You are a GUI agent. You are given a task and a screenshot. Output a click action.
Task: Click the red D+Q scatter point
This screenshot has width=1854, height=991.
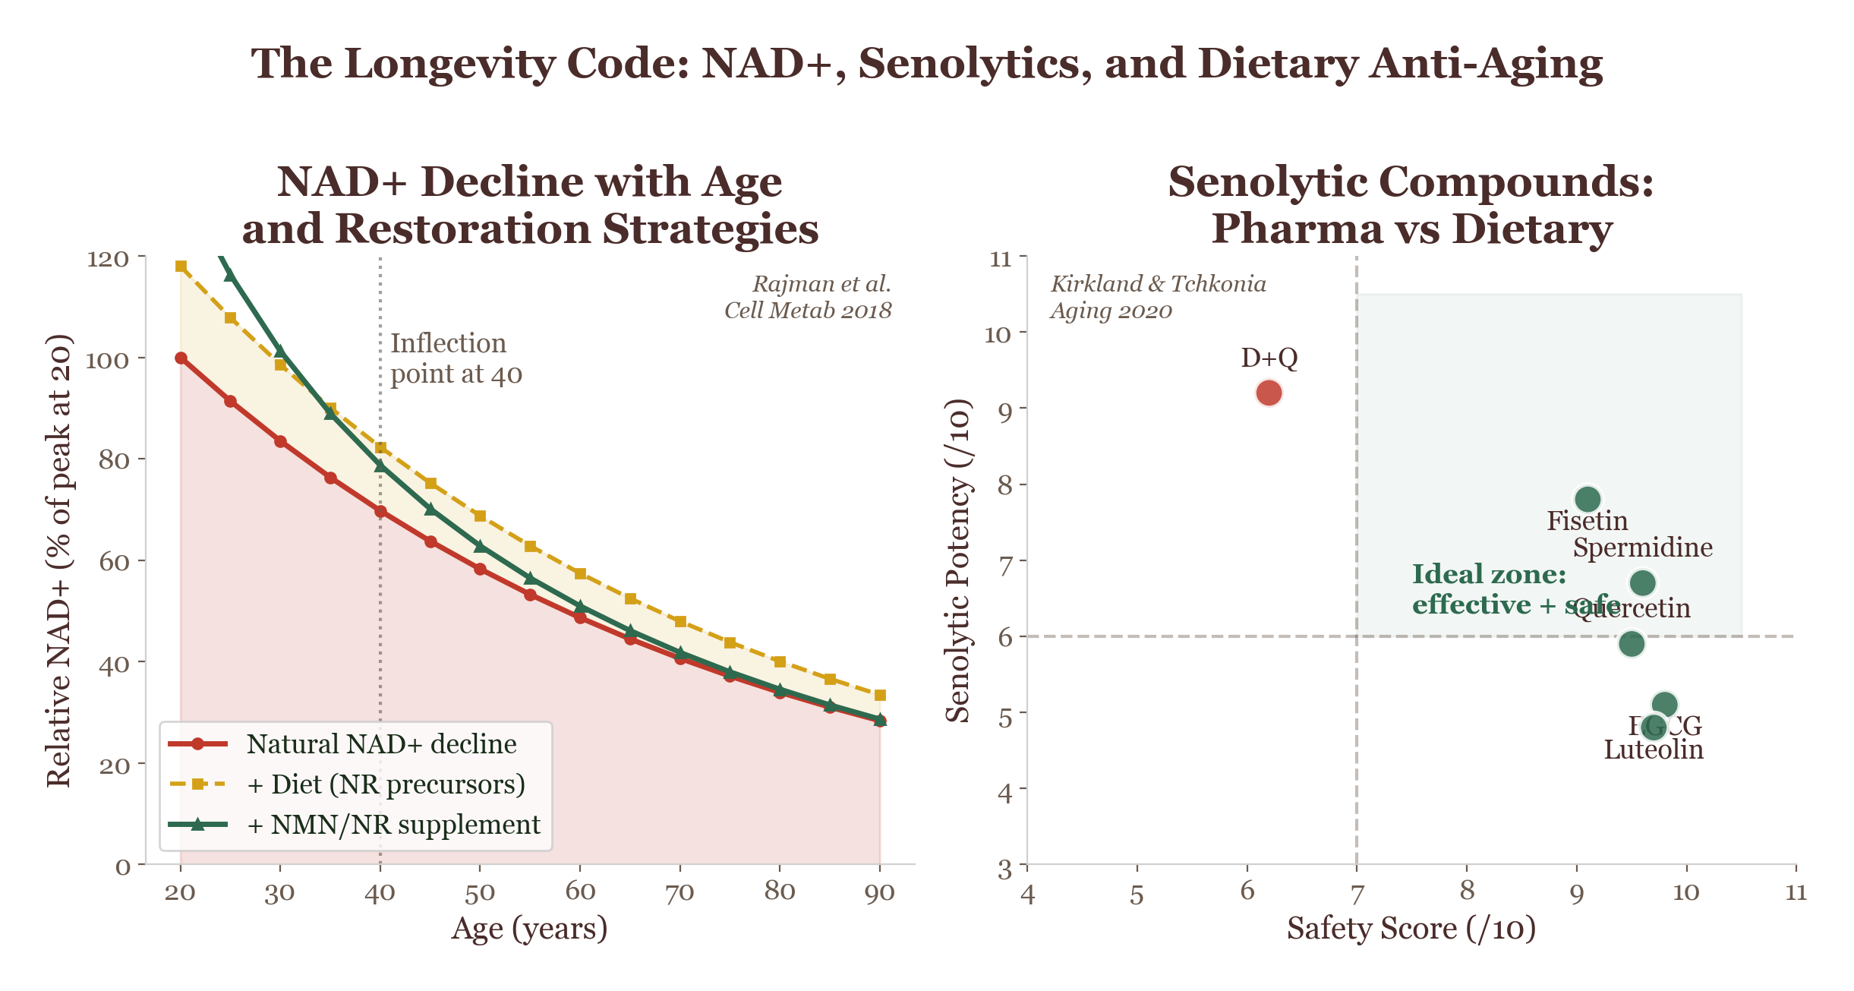pyautogui.click(x=1269, y=393)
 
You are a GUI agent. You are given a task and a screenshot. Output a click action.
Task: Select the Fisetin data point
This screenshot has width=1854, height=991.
pyautogui.click(x=1588, y=499)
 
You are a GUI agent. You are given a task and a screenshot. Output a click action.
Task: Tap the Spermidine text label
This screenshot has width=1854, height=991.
pyautogui.click(x=1642, y=548)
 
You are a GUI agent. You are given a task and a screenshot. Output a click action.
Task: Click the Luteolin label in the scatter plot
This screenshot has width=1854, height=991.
pyautogui.click(x=1654, y=750)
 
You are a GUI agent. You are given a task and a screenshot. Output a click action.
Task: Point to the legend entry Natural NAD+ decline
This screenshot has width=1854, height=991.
pyautogui.click(x=381, y=744)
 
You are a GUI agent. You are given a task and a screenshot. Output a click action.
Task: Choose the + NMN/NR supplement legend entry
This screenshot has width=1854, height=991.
pyautogui.click(x=393, y=825)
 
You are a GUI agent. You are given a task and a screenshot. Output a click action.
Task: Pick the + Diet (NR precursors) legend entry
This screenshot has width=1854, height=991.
pyautogui.click(x=386, y=784)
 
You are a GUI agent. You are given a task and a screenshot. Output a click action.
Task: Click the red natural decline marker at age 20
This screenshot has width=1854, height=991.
pyautogui.click(x=181, y=358)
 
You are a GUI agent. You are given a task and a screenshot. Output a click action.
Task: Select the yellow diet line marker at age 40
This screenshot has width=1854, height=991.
pyautogui.click(x=380, y=448)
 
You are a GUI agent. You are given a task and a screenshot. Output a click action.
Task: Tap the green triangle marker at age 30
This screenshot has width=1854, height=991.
pyautogui.click(x=280, y=351)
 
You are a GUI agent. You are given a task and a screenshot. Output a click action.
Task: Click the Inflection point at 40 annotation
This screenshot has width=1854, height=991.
pyautogui.click(x=456, y=358)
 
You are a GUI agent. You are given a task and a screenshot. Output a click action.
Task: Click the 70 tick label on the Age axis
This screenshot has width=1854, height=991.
pyautogui.click(x=679, y=893)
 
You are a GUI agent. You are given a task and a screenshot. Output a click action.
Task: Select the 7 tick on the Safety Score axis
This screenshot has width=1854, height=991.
pyautogui.click(x=1357, y=893)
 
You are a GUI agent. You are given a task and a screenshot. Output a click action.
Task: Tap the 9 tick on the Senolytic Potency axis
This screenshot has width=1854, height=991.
pyautogui.click(x=1005, y=411)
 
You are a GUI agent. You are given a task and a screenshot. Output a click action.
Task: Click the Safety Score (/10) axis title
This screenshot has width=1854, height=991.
pyautogui.click(x=1411, y=929)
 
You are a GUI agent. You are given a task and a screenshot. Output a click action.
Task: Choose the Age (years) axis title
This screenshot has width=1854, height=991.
pyautogui.click(x=529, y=929)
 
